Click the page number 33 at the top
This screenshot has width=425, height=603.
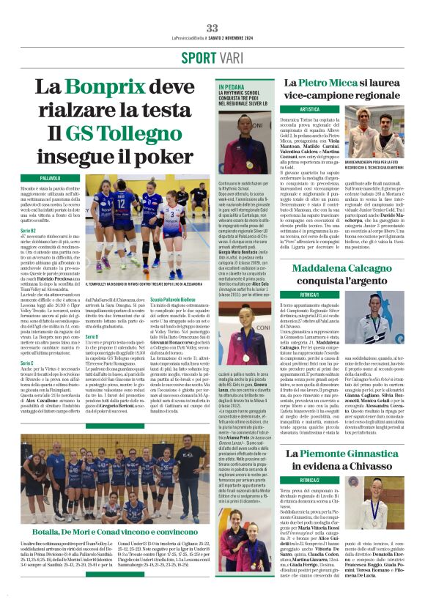click(212, 28)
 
